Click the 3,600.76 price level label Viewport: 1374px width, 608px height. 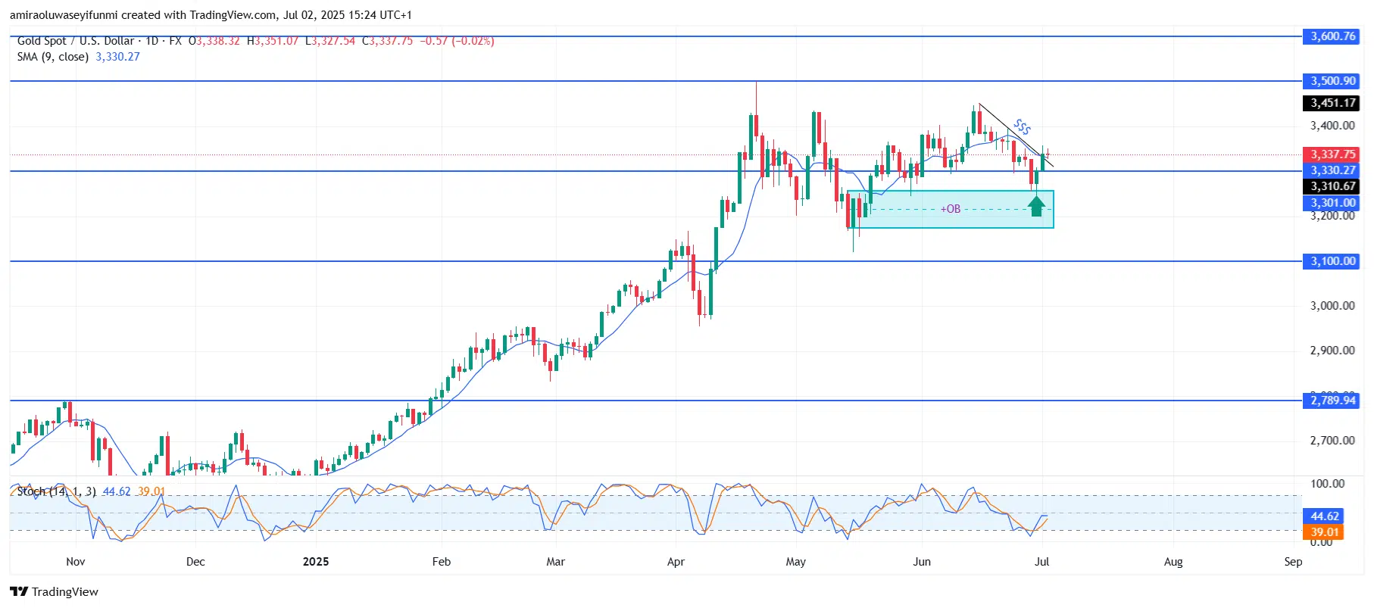[1332, 36]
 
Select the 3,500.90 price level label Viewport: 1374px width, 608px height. [1332, 81]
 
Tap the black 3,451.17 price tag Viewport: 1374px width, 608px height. [1332, 103]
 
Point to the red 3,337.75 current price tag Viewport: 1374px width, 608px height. [1332, 154]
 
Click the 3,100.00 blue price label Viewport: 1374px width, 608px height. [1332, 261]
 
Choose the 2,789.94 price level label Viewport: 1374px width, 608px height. [1332, 401]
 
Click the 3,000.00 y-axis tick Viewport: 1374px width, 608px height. [1332, 306]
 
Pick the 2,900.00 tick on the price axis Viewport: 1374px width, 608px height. [1332, 351]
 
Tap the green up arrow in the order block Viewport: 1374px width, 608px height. [1037, 205]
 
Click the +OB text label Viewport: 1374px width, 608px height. [951, 209]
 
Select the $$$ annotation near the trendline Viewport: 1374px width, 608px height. [1022, 126]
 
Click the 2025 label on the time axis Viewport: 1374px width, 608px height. [316, 562]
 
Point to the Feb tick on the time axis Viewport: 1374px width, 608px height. [441, 562]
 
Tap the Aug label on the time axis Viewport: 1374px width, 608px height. [1173, 562]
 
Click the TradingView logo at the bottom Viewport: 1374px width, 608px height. [55, 592]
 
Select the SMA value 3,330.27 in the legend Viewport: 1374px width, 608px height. [117, 57]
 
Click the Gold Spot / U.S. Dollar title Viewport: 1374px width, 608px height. [76, 41]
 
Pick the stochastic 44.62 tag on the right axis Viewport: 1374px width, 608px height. [1325, 516]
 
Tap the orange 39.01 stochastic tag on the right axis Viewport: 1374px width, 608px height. [1325, 532]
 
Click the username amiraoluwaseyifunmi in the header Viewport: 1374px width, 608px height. [64, 15]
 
